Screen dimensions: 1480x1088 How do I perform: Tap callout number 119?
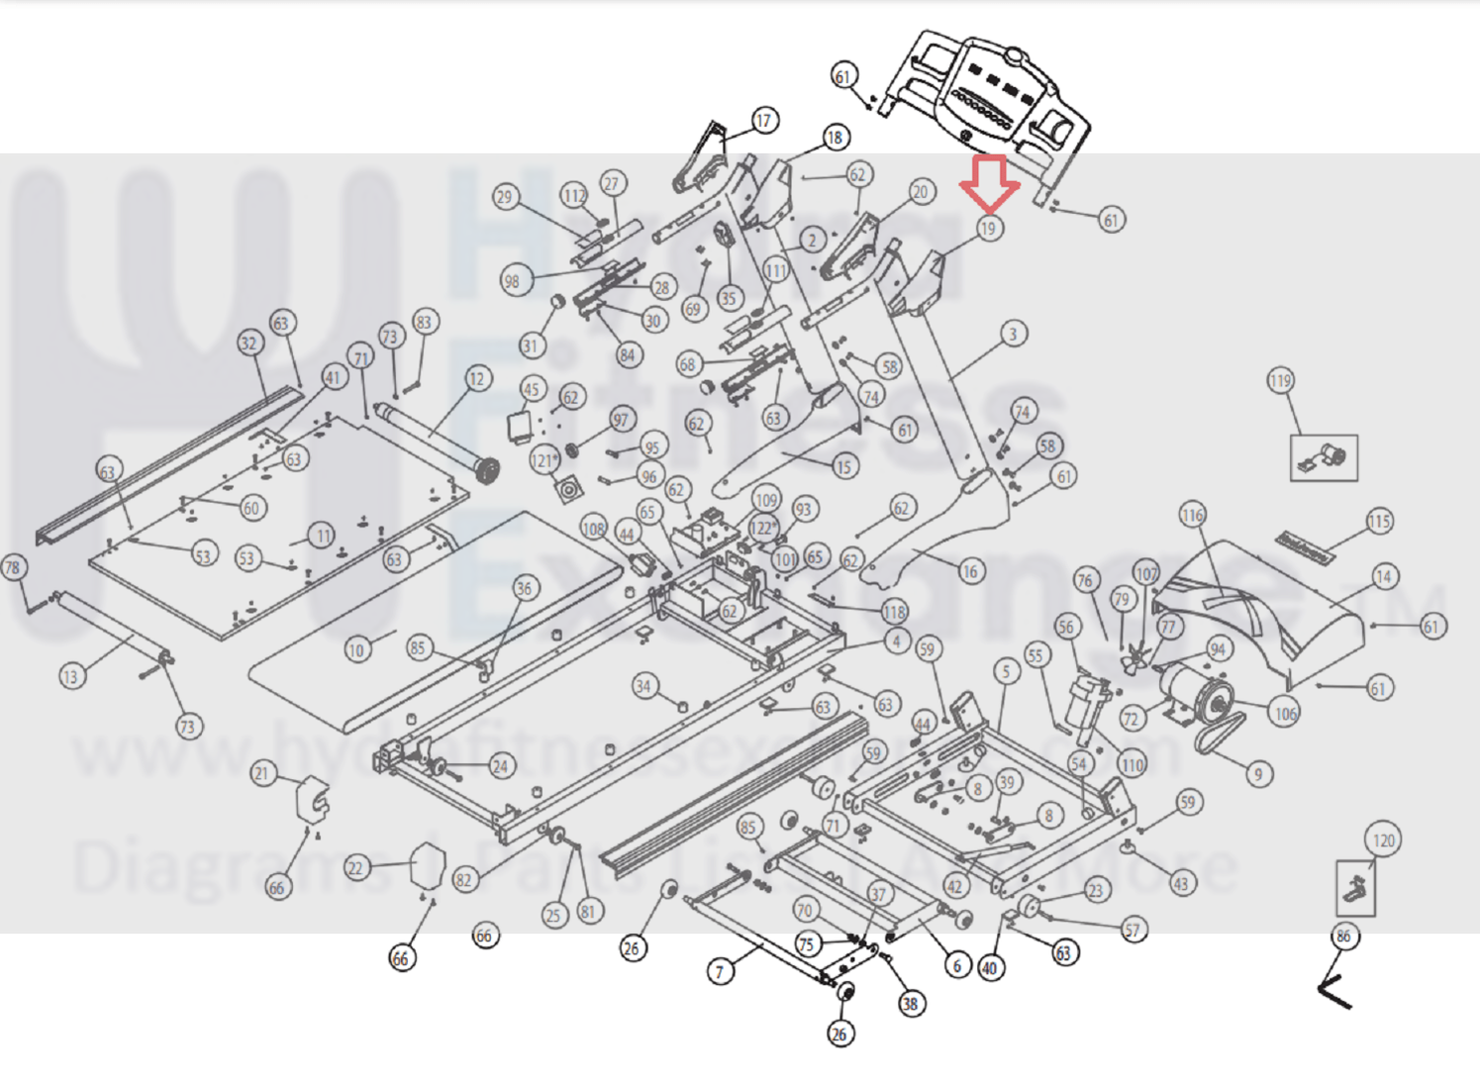pyautogui.click(x=1280, y=381)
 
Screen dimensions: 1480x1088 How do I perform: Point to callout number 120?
pyautogui.click(x=1383, y=841)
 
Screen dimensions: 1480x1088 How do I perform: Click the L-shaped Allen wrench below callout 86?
pyautogui.click(x=1333, y=990)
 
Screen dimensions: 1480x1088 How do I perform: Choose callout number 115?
pyautogui.click(x=1379, y=522)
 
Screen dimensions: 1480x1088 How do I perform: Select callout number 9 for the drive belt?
pyautogui.click(x=1258, y=774)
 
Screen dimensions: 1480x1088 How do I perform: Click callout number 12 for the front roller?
pyautogui.click(x=478, y=378)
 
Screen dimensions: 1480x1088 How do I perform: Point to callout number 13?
pyautogui.click(x=70, y=677)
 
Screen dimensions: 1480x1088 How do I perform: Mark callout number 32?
pyautogui.click(x=248, y=344)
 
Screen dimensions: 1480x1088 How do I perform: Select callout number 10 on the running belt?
pyautogui.click(x=356, y=649)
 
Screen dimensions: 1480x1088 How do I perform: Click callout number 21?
pyautogui.click(x=262, y=773)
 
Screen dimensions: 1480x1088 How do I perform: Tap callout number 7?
pyautogui.click(x=720, y=971)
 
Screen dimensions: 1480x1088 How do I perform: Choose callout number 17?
pyautogui.click(x=764, y=121)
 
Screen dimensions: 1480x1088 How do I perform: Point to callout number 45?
pyautogui.click(x=532, y=389)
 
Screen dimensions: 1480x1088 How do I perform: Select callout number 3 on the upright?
pyautogui.click(x=1012, y=334)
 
